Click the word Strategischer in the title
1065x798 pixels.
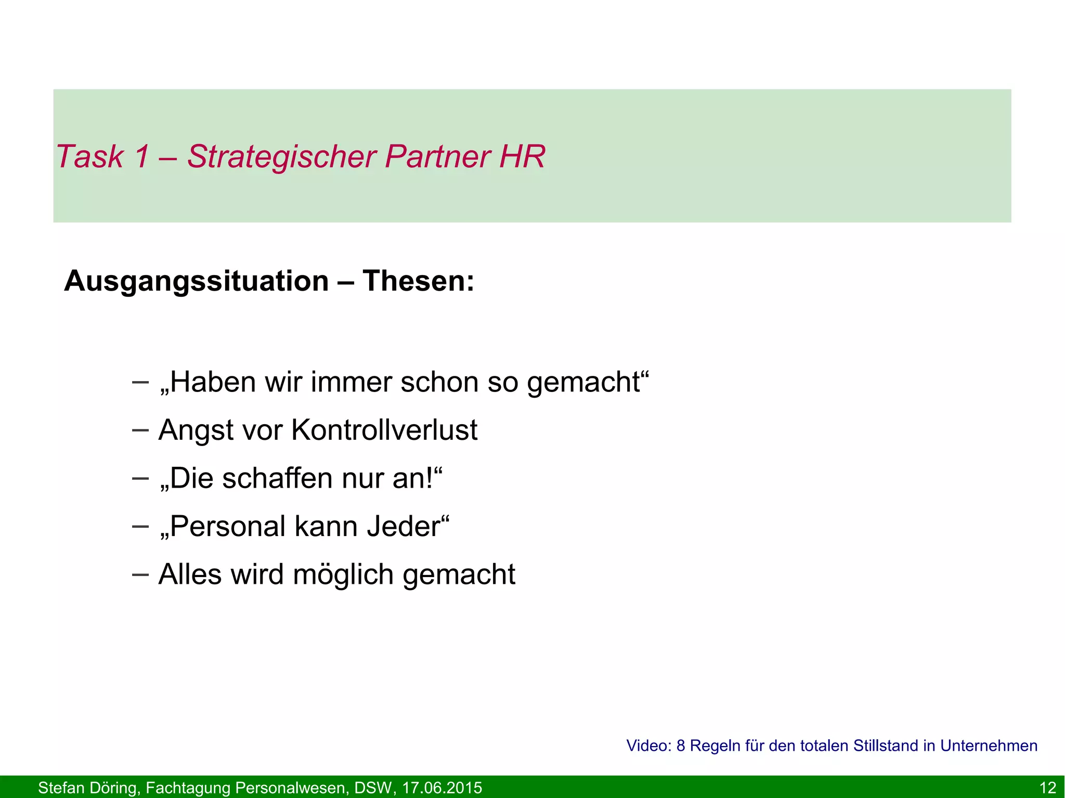(x=281, y=156)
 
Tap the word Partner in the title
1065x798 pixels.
(x=438, y=156)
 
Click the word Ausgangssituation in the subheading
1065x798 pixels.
(x=196, y=282)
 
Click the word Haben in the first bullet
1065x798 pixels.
(x=212, y=382)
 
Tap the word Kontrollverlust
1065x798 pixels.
(x=384, y=430)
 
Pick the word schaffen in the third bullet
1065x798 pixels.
(x=277, y=478)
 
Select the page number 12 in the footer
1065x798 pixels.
(x=1047, y=788)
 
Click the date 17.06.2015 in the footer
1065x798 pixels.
(x=442, y=788)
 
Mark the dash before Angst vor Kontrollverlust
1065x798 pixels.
(x=140, y=430)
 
